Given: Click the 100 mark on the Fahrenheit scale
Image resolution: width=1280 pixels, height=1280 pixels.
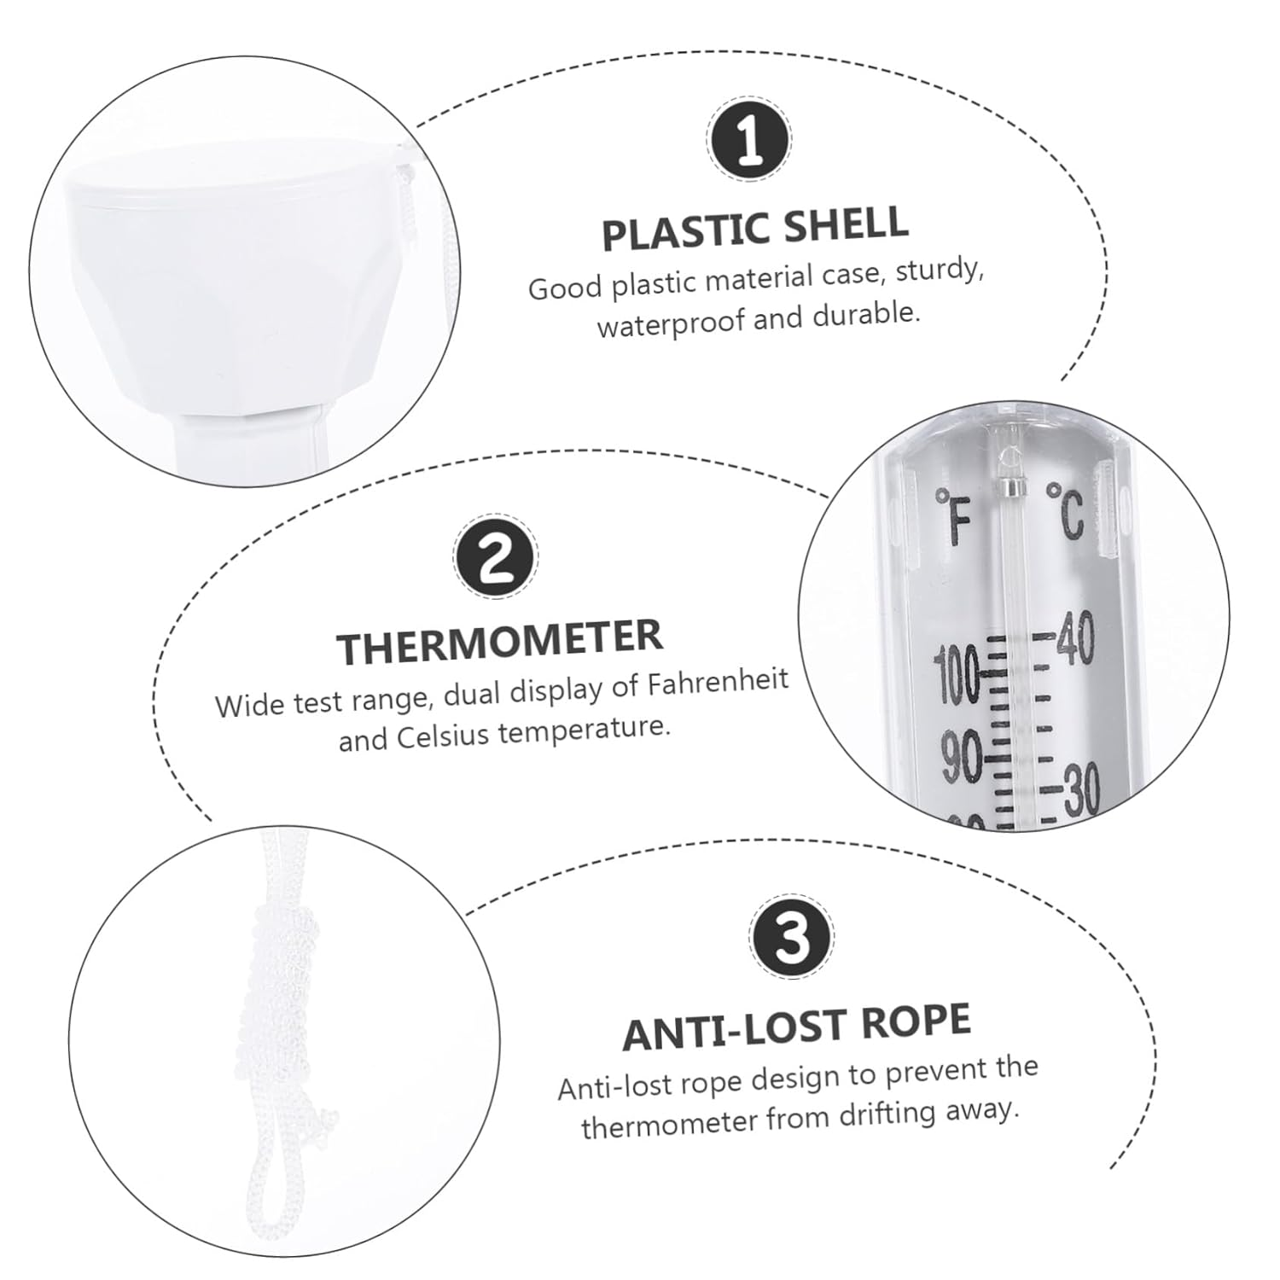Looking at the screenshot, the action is coord(958,674).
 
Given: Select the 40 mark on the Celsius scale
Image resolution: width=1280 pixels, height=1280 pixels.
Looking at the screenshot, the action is coord(1075,642).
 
